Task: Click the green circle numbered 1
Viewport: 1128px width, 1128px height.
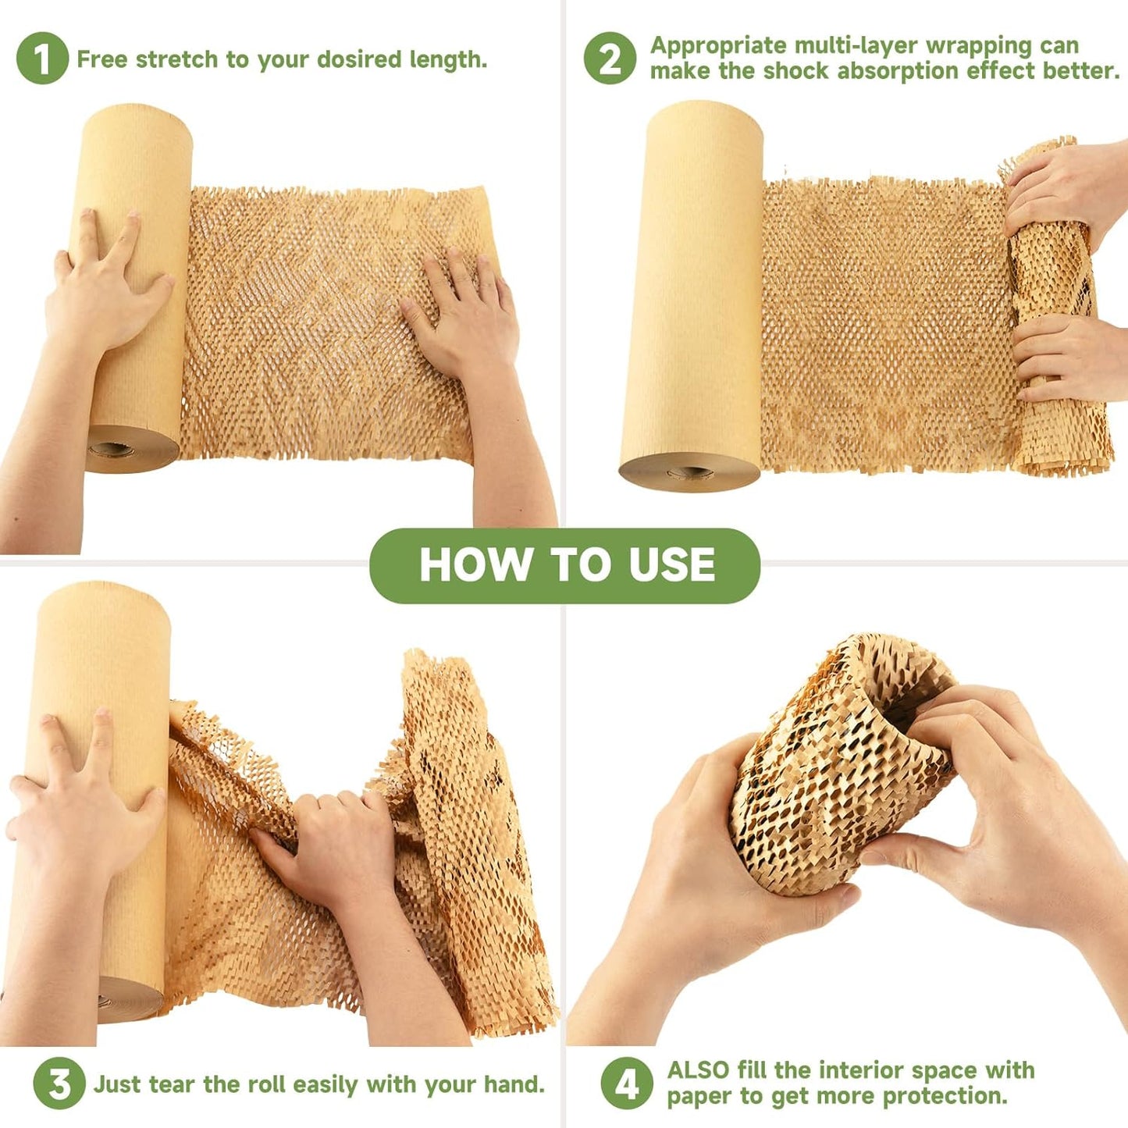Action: click(x=42, y=59)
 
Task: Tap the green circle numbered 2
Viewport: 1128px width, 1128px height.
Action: click(x=610, y=59)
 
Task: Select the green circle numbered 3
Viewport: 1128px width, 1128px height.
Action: click(x=59, y=1084)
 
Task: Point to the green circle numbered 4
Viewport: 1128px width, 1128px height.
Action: click(x=626, y=1084)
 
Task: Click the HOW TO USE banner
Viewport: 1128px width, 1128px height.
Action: click(x=564, y=565)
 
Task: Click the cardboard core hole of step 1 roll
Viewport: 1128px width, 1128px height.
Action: click(x=111, y=450)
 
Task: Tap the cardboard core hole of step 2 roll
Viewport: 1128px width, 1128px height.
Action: click(x=689, y=471)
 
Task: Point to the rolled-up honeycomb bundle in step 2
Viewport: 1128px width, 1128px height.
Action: click(x=1054, y=312)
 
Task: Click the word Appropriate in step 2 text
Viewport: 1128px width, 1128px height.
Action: click(x=719, y=46)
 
